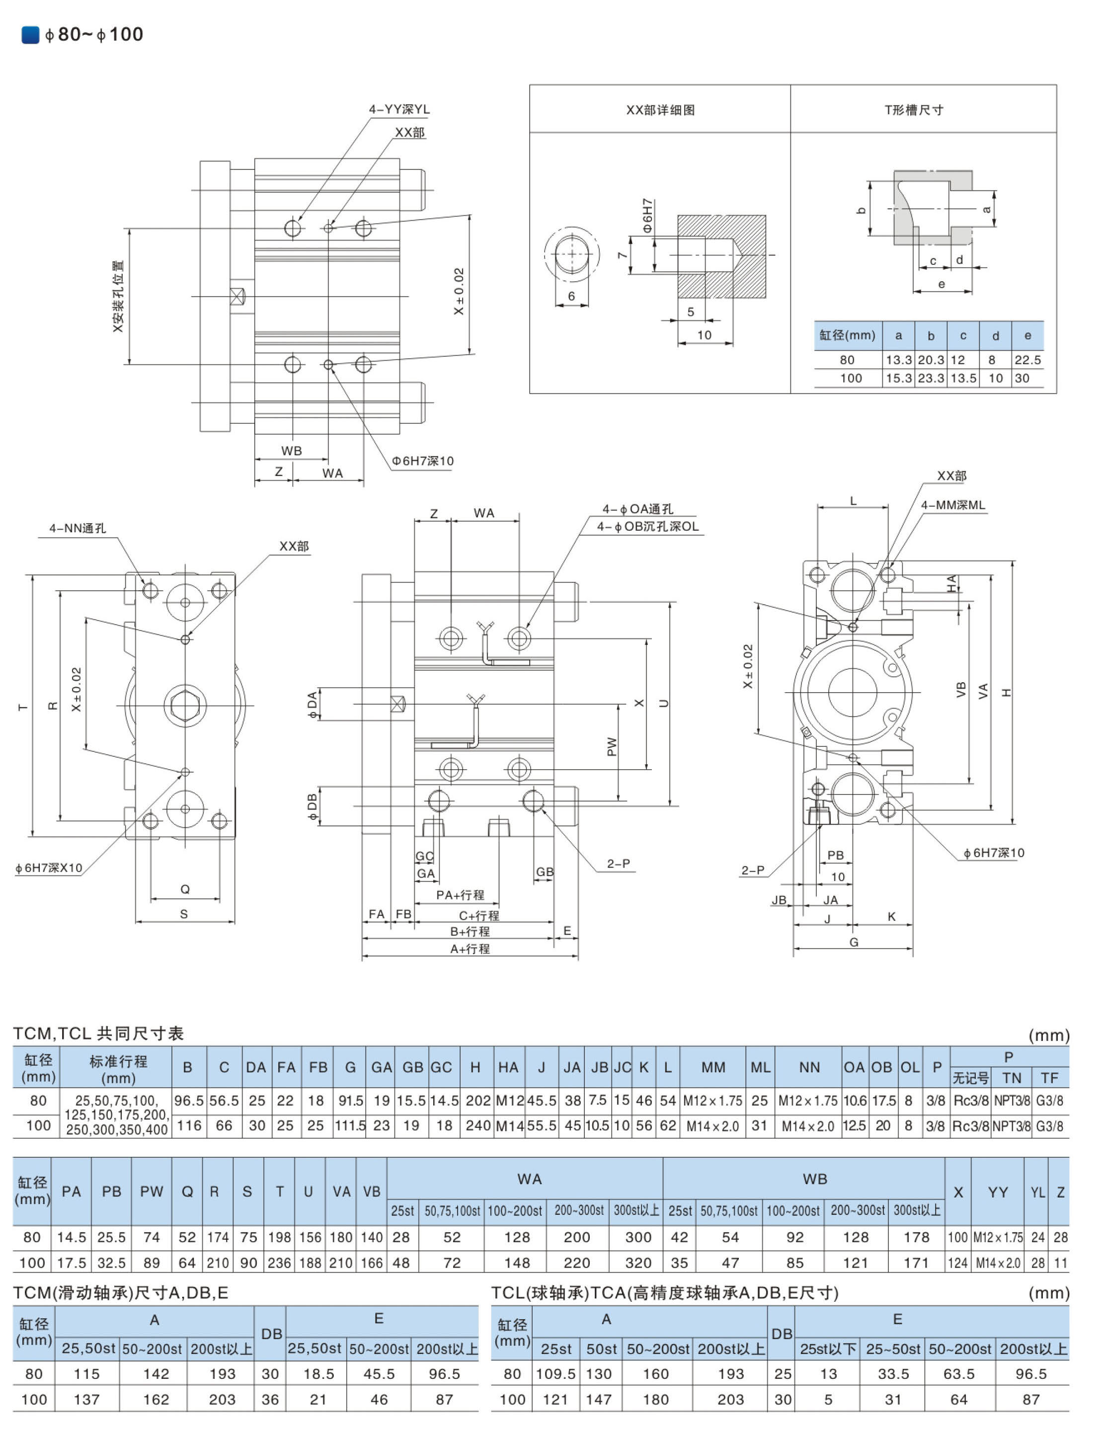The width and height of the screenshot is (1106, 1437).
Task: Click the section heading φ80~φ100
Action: coord(93,34)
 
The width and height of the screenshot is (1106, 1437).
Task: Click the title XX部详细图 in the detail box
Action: coord(660,110)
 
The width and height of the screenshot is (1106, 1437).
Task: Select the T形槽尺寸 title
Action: coord(913,110)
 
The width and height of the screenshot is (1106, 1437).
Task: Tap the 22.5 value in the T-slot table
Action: coord(1027,360)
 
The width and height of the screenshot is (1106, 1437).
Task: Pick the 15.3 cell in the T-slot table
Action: coord(898,378)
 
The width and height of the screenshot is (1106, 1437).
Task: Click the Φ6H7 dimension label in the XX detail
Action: coord(647,215)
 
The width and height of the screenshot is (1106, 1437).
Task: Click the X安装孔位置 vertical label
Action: coord(118,296)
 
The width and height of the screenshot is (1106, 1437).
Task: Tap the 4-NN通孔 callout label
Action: coord(78,528)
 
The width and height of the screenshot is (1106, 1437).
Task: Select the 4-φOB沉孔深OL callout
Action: coord(647,526)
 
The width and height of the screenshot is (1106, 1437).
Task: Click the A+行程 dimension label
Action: coord(470,949)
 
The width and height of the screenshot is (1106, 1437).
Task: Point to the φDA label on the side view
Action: coord(312,704)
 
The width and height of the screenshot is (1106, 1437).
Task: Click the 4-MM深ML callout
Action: coord(952,505)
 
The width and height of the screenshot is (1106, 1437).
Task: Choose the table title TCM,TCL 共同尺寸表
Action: coord(99,1034)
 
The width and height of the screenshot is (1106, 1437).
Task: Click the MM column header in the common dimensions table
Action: coord(713,1067)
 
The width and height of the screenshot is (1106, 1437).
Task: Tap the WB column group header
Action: coord(814,1179)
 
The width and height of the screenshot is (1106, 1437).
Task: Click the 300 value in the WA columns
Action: coord(637,1238)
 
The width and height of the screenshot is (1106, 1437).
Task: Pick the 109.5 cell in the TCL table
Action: coord(556,1374)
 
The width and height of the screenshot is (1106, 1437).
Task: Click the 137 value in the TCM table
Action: coord(87,1400)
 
